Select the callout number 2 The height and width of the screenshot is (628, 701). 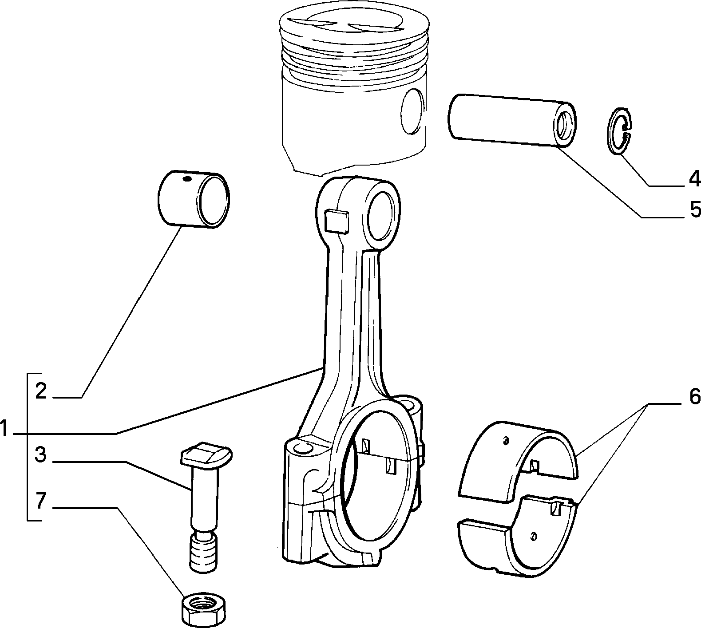coord(41,391)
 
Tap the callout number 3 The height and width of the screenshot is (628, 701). coord(40,455)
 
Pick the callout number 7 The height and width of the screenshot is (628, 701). coord(40,501)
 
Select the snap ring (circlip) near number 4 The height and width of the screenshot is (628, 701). coord(619,131)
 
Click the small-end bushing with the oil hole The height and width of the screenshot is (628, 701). coord(194,199)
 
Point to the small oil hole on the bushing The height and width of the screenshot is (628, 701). coord(187,179)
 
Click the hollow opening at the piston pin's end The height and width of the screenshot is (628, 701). coord(564,125)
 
